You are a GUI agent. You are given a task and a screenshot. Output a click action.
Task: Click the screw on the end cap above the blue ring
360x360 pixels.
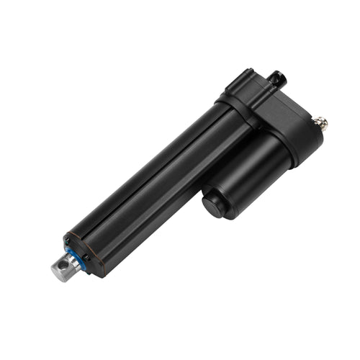67,240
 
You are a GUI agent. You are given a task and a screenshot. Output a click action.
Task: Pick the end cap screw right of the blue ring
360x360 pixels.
86,257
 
